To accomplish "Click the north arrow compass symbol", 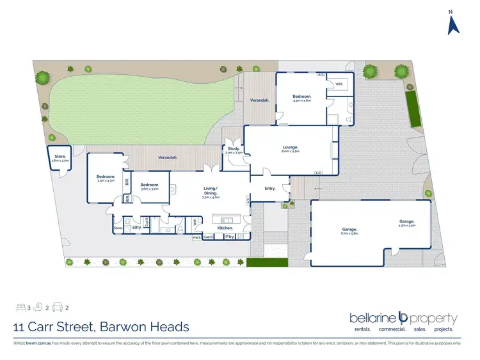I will [452, 24].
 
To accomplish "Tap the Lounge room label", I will [290, 150].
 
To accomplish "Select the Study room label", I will [234, 150].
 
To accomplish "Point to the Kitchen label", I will [224, 228].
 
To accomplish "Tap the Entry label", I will [270, 188].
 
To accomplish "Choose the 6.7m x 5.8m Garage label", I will [349, 231].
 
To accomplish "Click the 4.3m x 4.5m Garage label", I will [407, 223].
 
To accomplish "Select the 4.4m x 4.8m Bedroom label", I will [301, 98].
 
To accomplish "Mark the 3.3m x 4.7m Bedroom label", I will [106, 178].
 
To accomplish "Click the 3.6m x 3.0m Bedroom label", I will [150, 187].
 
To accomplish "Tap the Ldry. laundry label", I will [137, 227].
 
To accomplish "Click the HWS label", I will [196, 237].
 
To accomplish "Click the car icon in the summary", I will [58, 307].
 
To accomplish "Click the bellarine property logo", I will [403, 320].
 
